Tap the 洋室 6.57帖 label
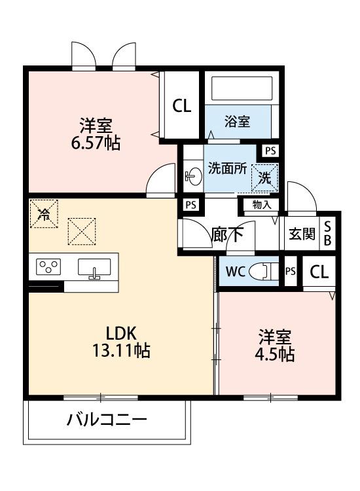point(96,134)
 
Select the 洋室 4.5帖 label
point(274,346)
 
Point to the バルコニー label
point(107,420)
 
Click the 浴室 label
point(237,121)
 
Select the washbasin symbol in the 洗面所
point(192,175)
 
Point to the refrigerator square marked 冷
point(45,213)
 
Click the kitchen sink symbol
point(96,267)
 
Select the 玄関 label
point(301,234)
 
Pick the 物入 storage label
point(261,204)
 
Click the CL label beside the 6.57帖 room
point(181,106)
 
